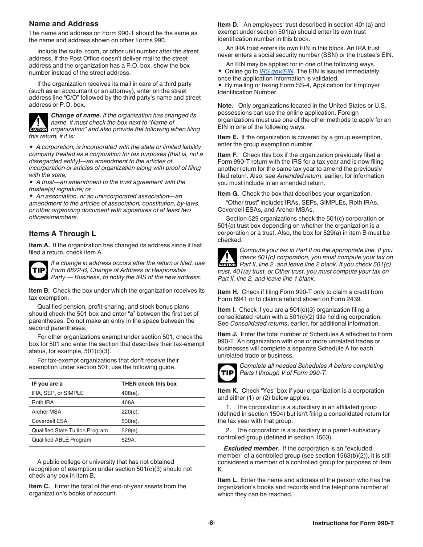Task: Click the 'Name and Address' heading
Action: click(64, 24)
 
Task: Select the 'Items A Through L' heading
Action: click(62, 234)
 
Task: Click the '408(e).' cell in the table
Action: click(130, 393)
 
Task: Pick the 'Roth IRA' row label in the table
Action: click(43, 402)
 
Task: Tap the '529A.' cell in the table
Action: click(129, 440)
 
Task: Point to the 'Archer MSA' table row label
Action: click(46, 412)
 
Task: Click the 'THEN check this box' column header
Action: click(149, 384)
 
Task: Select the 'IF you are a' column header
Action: click(47, 384)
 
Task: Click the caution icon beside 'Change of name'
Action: click(38, 123)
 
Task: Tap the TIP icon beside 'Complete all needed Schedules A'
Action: click(227, 373)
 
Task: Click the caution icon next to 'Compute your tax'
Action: click(227, 257)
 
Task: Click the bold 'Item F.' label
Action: click(228, 155)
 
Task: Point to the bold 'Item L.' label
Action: click(227, 480)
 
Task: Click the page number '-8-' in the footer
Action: click(211, 523)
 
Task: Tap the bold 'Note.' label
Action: click(225, 106)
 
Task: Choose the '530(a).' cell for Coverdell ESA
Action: click(130, 421)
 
